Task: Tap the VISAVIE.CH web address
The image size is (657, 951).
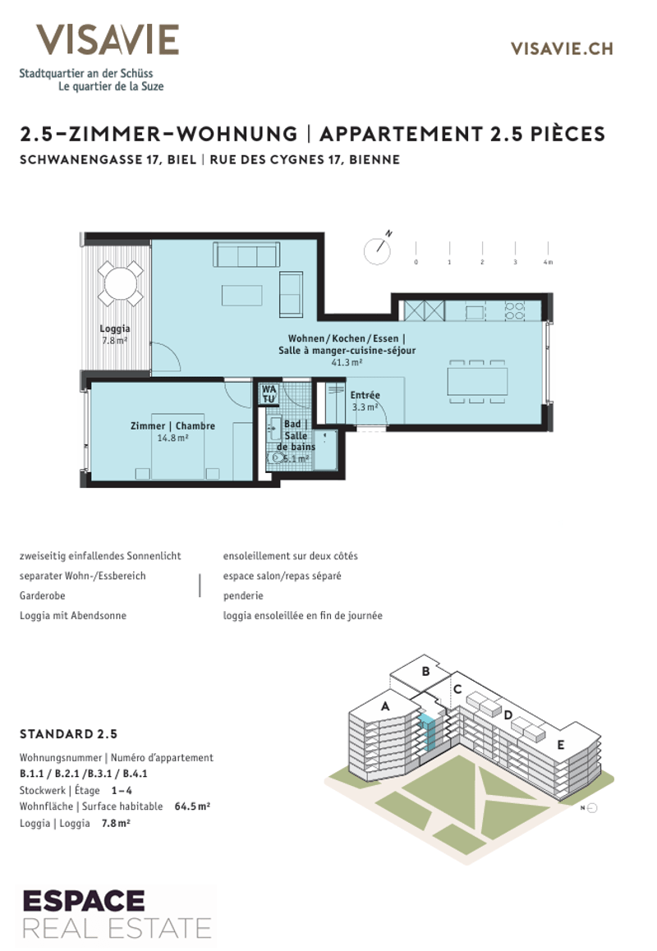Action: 562,49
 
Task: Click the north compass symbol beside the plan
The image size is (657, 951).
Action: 378,250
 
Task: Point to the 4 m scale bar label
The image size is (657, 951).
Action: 548,262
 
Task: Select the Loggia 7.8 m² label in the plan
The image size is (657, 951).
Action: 115,334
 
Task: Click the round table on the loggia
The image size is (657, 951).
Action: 121,283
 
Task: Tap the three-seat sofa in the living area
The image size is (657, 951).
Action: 246,255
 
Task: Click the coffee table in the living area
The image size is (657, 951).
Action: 241,296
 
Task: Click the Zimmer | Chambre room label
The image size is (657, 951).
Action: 173,425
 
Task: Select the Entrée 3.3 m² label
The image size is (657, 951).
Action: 365,401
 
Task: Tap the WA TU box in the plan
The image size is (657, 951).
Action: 269,393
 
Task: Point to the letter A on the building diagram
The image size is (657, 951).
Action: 384,706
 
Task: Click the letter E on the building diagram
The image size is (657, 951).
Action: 561,745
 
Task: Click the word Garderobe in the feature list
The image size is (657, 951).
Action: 42,595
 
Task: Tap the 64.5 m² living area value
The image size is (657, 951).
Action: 192,806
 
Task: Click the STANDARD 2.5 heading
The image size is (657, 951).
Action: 68,734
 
